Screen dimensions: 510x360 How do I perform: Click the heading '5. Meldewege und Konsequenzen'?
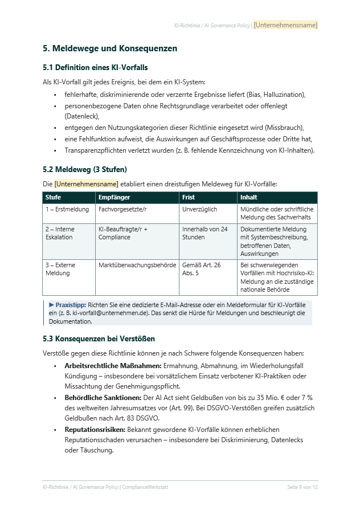pyautogui.click(x=110, y=48)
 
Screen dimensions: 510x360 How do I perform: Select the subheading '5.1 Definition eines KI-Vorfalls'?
pyautogui.click(x=95, y=68)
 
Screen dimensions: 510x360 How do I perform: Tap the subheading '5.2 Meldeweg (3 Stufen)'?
pyautogui.click(x=85, y=169)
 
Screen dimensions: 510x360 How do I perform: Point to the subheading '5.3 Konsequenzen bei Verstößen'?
pyautogui.click(x=99, y=338)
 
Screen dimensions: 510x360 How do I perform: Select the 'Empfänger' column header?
pyautogui.click(x=114, y=197)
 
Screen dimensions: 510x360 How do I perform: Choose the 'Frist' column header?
pyautogui.click(x=189, y=197)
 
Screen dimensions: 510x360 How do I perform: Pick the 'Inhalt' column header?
pyautogui.click(x=249, y=197)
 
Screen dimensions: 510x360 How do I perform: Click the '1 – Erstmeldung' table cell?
pyautogui.click(x=67, y=209)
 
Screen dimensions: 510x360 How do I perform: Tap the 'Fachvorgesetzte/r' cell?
pyautogui.click(x=122, y=209)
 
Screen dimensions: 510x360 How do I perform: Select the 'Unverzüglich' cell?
pyautogui.click(x=199, y=209)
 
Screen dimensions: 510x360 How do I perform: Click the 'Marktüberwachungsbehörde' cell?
pyautogui.click(x=136, y=265)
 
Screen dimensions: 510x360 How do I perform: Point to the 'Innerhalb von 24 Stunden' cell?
pyautogui.click(x=204, y=233)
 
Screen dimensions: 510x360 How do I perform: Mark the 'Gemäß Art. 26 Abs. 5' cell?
pyautogui.click(x=201, y=269)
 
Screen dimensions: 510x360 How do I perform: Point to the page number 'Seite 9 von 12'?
pyautogui.click(x=302, y=487)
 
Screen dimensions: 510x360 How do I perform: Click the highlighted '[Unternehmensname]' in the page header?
pyautogui.click(x=285, y=25)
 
